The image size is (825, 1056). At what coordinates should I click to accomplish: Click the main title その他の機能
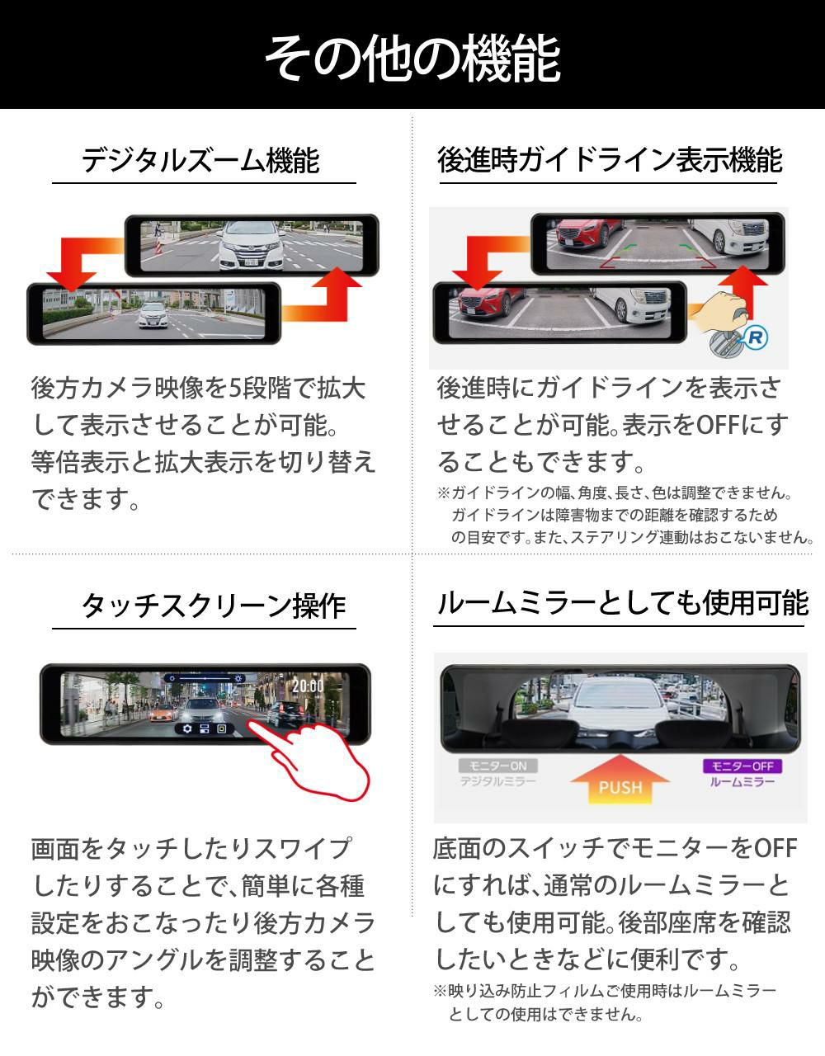[413, 59]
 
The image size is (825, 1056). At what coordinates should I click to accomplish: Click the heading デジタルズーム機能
[200, 160]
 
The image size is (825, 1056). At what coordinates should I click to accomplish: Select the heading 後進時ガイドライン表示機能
[610, 160]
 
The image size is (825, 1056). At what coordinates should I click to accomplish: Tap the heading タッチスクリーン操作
[214, 606]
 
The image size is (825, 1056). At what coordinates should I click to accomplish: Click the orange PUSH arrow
[620, 779]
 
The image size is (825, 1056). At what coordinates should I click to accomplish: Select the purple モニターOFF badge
[742, 766]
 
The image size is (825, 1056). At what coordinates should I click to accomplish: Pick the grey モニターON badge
[498, 766]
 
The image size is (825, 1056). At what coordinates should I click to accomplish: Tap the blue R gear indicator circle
[756, 337]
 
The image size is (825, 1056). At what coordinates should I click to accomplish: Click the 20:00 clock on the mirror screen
[308, 686]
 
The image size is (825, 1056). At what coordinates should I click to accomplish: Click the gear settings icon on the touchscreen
[187, 728]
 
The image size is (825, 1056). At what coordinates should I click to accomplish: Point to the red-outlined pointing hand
[311, 759]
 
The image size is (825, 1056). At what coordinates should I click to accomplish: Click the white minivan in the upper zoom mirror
[251, 245]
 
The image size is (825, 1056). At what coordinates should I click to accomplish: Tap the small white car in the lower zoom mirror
[153, 315]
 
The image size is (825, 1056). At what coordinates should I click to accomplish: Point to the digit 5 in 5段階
[234, 389]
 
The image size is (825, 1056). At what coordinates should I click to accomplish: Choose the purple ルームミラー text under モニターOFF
[742, 781]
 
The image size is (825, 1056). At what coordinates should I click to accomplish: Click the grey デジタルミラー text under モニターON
[497, 781]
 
